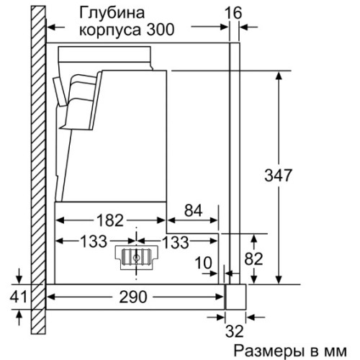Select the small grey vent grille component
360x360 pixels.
tap(135, 258)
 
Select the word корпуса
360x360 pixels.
tap(112, 31)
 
